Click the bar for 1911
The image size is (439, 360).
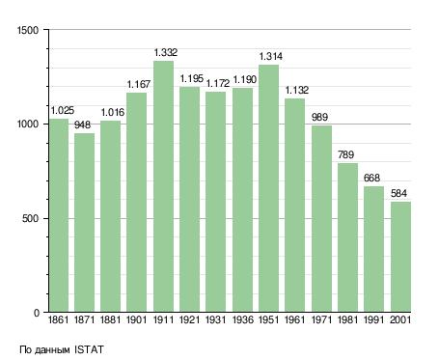[163, 186]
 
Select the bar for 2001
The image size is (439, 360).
[400, 257]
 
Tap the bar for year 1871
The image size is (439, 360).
[84, 223]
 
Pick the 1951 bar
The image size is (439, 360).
[268, 188]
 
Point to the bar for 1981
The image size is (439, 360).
[347, 237]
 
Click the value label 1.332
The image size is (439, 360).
[165, 52]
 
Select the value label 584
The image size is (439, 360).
[398, 193]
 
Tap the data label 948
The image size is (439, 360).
[83, 125]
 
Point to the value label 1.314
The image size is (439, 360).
[271, 56]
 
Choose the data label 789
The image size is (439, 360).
[345, 154]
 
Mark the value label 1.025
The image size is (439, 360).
[63, 110]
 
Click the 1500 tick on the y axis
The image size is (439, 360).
[28, 30]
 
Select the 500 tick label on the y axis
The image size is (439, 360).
[31, 218]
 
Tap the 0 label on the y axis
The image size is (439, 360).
[37, 313]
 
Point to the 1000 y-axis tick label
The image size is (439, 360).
[28, 125]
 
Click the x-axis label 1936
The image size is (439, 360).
[242, 320]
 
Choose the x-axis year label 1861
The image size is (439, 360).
[58, 320]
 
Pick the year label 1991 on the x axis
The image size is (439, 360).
[373, 320]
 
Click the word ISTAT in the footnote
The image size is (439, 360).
[89, 349]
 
